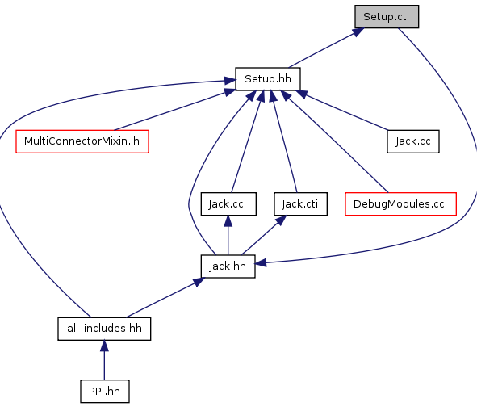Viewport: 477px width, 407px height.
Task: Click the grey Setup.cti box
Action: click(x=387, y=17)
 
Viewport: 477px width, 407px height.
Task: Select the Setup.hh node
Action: click(x=268, y=79)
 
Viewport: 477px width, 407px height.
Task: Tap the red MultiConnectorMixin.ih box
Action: click(x=82, y=141)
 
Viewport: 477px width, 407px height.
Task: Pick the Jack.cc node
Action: click(x=413, y=141)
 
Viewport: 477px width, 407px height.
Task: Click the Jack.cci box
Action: click(x=228, y=204)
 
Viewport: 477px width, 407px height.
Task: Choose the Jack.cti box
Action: click(x=300, y=204)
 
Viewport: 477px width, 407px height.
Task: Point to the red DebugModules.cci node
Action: click(x=400, y=204)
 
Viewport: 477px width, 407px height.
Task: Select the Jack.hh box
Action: click(x=228, y=266)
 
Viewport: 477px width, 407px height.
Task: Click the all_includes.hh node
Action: click(x=104, y=329)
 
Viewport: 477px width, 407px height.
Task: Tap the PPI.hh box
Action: click(x=105, y=392)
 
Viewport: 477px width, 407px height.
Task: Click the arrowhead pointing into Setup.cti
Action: click(x=358, y=32)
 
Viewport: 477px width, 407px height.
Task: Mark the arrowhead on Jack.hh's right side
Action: click(x=261, y=263)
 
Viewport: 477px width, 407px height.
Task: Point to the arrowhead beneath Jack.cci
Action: click(x=228, y=221)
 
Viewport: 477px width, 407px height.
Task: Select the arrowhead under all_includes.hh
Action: click(x=104, y=346)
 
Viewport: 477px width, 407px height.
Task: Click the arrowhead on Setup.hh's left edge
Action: click(x=230, y=81)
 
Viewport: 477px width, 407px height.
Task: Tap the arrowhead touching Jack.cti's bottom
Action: click(x=281, y=220)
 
